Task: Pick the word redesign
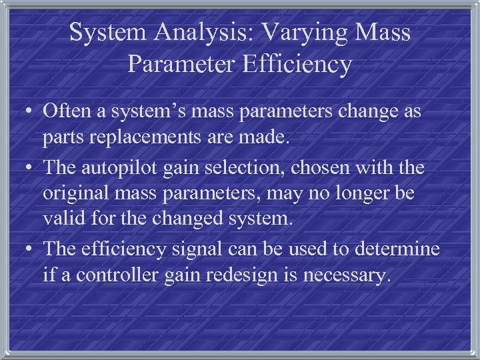click(x=244, y=277)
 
